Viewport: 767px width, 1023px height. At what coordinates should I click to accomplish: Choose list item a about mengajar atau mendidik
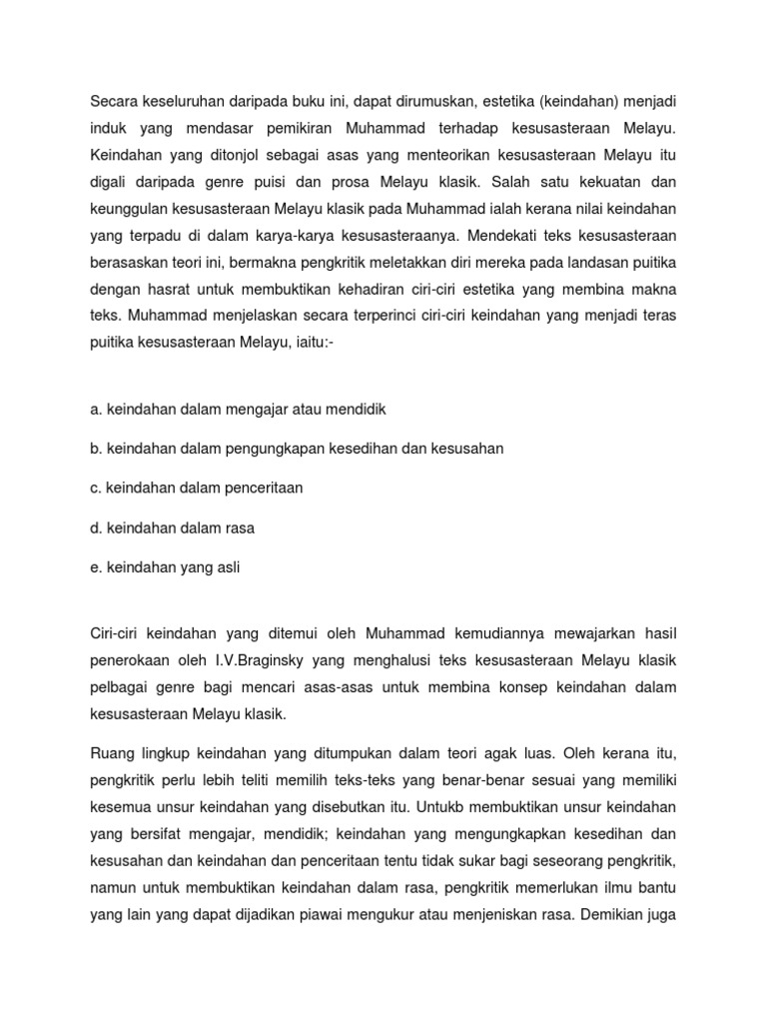point(239,409)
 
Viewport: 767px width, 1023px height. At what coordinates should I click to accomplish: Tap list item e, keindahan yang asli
point(165,567)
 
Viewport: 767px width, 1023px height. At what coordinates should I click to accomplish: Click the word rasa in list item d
point(251,527)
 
